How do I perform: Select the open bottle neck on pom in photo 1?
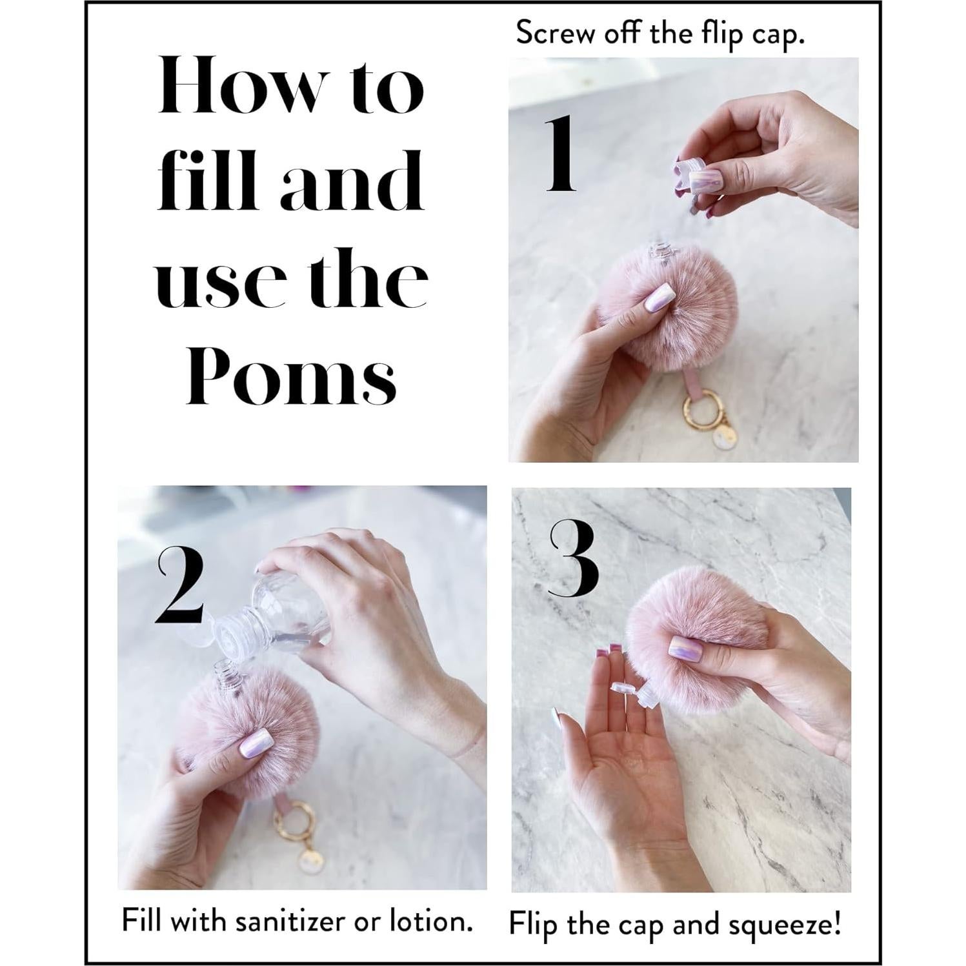pos(658,251)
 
